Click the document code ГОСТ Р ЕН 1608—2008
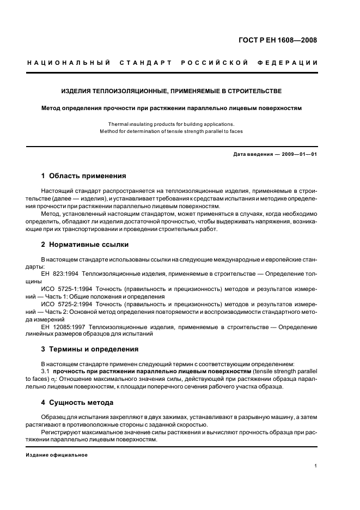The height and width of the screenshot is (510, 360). click(x=278, y=40)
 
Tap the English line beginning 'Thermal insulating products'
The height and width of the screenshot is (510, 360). click(x=171, y=124)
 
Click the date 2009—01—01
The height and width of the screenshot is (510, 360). click(x=299, y=154)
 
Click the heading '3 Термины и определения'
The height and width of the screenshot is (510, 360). click(x=90, y=349)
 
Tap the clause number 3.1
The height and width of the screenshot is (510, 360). click(x=46, y=371)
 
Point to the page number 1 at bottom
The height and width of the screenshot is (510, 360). click(x=316, y=466)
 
